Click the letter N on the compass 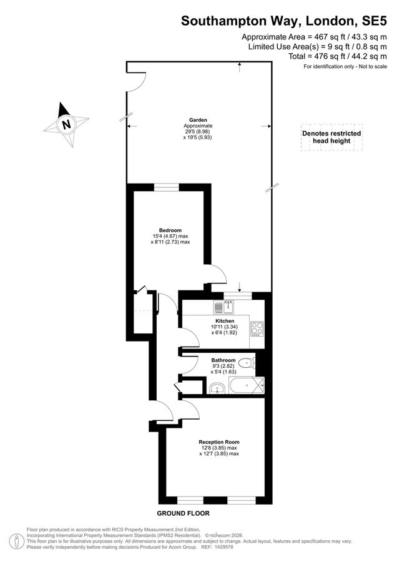tap(66, 125)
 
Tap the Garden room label tap(198, 120)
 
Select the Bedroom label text tap(170, 230)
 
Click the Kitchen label tap(225, 321)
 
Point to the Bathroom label tap(223, 360)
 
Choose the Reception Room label tap(219, 442)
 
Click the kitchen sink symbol tap(223, 307)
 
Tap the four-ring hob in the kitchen tap(257, 328)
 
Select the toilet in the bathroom tap(247, 363)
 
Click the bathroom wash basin tap(217, 388)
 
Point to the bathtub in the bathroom tap(247, 385)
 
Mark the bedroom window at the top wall tap(167, 187)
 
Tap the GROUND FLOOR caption tap(183, 513)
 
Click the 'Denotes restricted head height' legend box tap(331, 137)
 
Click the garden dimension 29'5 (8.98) tap(198, 132)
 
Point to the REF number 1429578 tap(223, 547)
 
